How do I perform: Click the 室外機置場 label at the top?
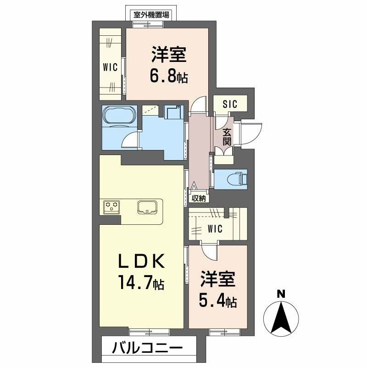point(151,14)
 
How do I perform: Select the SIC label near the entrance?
point(230,104)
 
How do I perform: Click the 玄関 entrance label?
point(227,136)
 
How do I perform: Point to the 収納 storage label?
point(199,198)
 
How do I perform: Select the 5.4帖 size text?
point(217,301)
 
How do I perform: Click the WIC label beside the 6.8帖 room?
point(110,67)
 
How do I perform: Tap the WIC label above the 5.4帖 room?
point(215,228)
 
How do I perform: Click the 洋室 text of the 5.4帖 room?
point(217,280)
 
